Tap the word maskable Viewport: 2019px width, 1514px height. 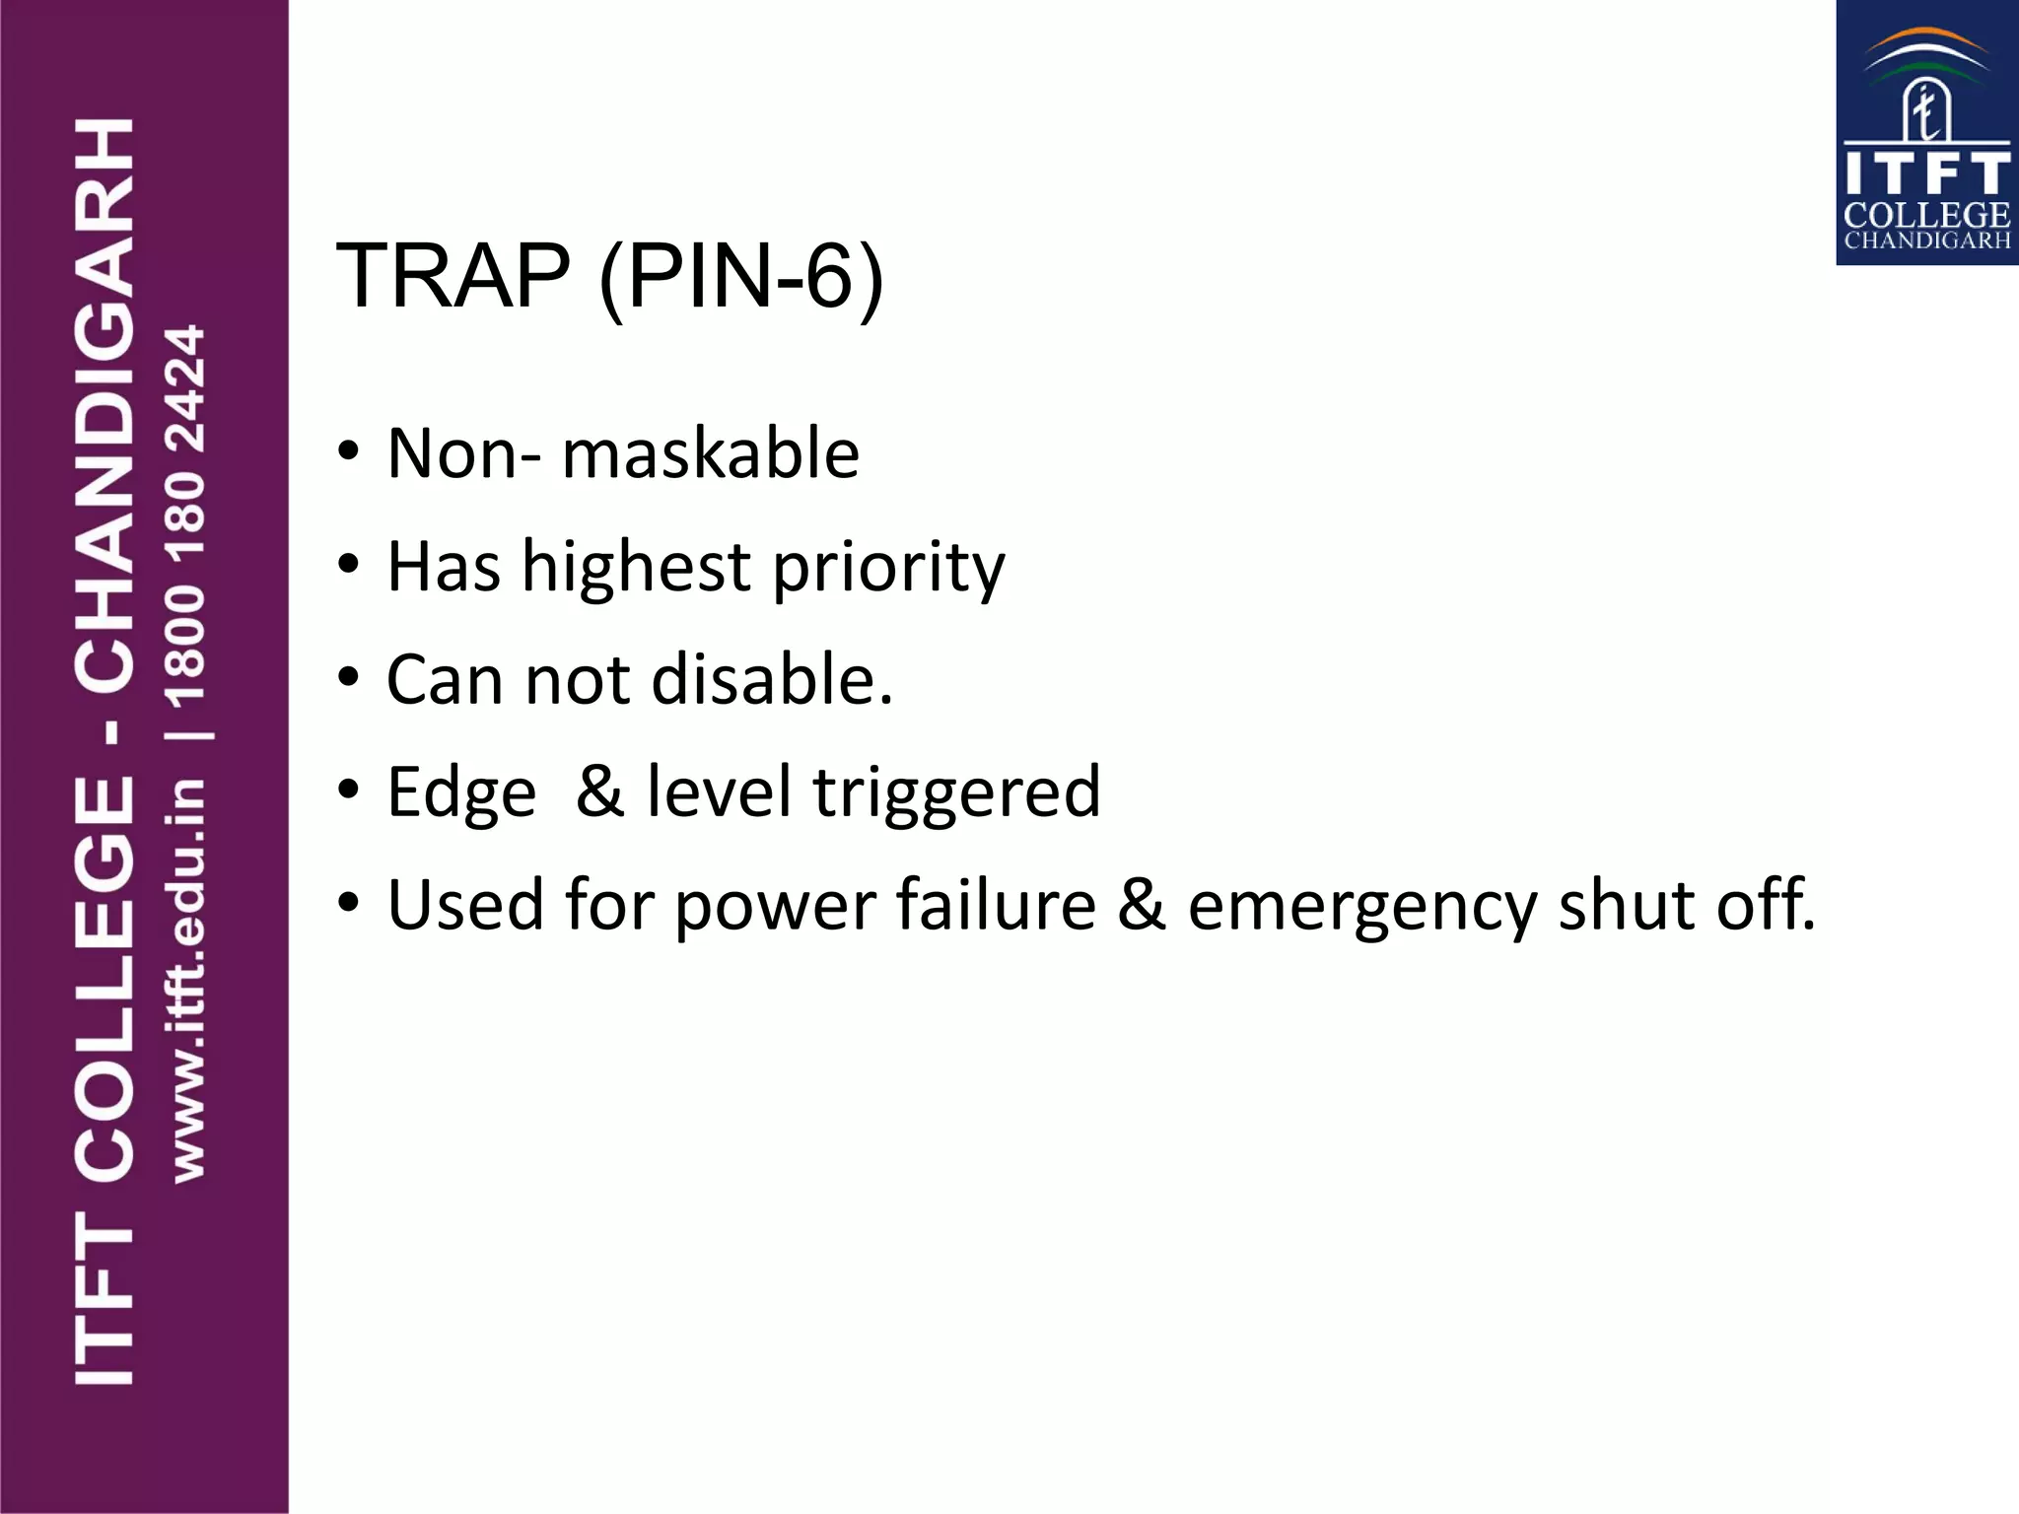(x=711, y=454)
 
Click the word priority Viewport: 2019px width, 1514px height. (x=888, y=570)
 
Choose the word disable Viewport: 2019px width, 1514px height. (x=772, y=680)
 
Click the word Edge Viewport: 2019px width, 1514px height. (x=461, y=793)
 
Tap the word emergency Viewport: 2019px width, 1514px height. (x=1361, y=907)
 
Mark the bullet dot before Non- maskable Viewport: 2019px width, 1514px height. (x=348, y=453)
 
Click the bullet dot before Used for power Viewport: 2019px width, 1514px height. (x=348, y=904)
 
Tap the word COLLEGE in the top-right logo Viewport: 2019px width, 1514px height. (x=1926, y=216)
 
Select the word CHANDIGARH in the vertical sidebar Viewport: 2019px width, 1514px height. (x=105, y=404)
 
